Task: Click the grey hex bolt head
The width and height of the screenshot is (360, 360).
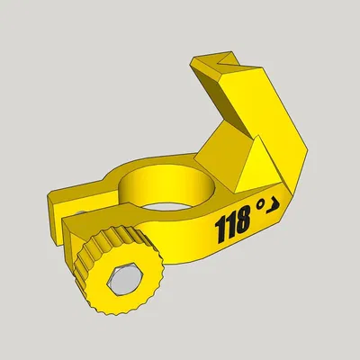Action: pos(120,283)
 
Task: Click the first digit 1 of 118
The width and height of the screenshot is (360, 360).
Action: pos(219,231)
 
